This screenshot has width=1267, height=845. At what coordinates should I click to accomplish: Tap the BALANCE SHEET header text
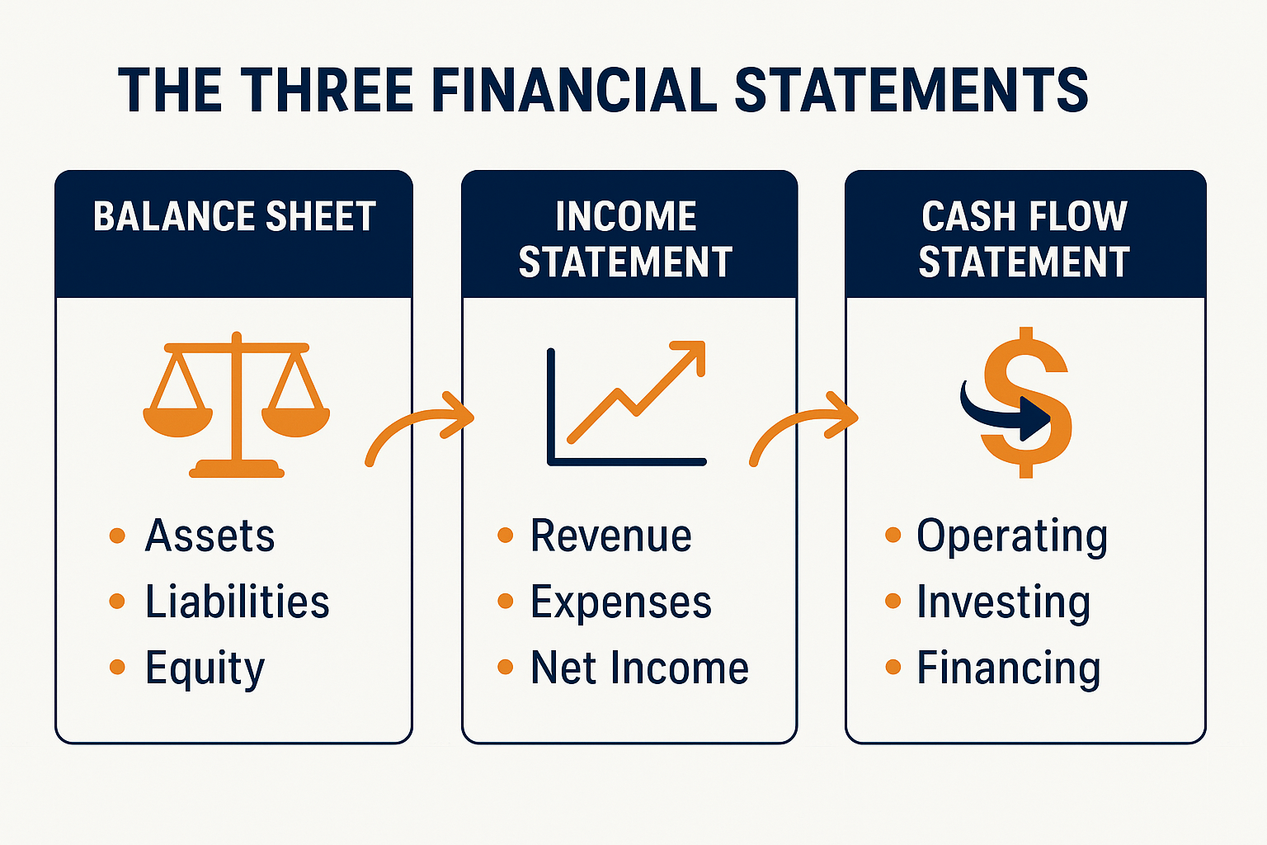[234, 217]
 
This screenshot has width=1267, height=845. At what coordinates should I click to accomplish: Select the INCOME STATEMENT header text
[626, 239]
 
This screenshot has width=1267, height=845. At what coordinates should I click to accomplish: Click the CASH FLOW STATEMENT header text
[1024, 239]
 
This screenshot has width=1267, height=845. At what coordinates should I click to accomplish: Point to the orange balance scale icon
[236, 404]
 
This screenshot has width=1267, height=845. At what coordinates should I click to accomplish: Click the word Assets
[210, 536]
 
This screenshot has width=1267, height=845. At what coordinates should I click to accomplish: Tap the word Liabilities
[238, 602]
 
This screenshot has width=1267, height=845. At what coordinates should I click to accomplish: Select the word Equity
[205, 668]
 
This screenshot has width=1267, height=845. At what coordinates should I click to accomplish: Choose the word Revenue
[610, 536]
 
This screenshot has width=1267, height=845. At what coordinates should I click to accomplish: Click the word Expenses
[620, 602]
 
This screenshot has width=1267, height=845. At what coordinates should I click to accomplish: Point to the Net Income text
[639, 668]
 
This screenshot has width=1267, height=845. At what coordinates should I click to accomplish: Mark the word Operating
[1012, 537]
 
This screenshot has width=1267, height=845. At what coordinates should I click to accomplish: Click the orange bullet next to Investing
[893, 601]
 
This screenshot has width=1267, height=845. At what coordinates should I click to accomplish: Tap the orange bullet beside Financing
[893, 667]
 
